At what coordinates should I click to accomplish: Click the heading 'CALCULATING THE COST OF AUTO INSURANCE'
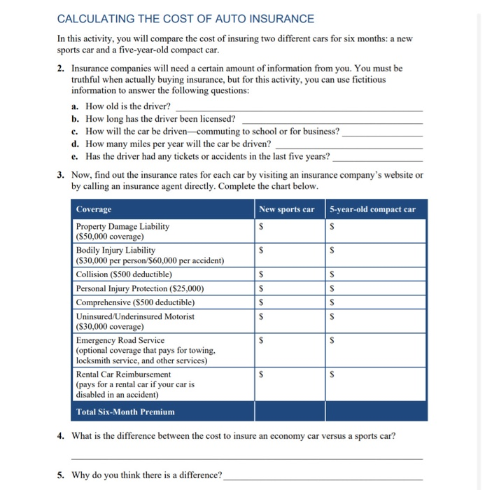point(185,19)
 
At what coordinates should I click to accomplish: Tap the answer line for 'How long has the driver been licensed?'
point(332,120)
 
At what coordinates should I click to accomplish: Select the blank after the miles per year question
point(349,145)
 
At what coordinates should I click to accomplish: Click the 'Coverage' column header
point(94,209)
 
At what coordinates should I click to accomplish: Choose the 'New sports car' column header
point(286,209)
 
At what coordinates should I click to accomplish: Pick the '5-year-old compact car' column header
point(372,209)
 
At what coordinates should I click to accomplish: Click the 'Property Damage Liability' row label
point(123,227)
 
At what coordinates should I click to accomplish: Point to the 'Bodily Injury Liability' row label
point(116,250)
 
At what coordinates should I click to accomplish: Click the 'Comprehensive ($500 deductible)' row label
point(136,302)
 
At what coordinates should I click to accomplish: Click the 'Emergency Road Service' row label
point(120,340)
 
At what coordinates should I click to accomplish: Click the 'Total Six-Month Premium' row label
point(126,412)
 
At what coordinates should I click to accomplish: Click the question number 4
point(62,436)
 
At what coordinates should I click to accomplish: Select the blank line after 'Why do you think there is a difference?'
point(323,477)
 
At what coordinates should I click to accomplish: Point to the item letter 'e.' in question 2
point(76,156)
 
